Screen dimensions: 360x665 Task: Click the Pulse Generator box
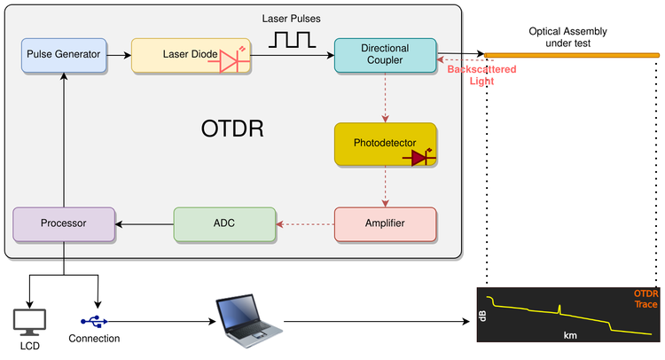(x=64, y=55)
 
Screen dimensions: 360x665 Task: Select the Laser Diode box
(x=190, y=55)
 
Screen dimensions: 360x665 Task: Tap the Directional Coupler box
(x=385, y=55)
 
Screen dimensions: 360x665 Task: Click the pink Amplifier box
(x=385, y=223)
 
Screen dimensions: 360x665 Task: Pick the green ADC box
(x=223, y=223)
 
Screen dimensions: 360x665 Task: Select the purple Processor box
(x=64, y=223)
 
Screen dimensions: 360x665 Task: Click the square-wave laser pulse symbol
(x=293, y=39)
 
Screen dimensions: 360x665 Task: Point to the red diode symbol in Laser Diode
(x=231, y=59)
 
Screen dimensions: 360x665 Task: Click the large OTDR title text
(x=232, y=129)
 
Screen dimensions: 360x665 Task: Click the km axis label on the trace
(x=571, y=336)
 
